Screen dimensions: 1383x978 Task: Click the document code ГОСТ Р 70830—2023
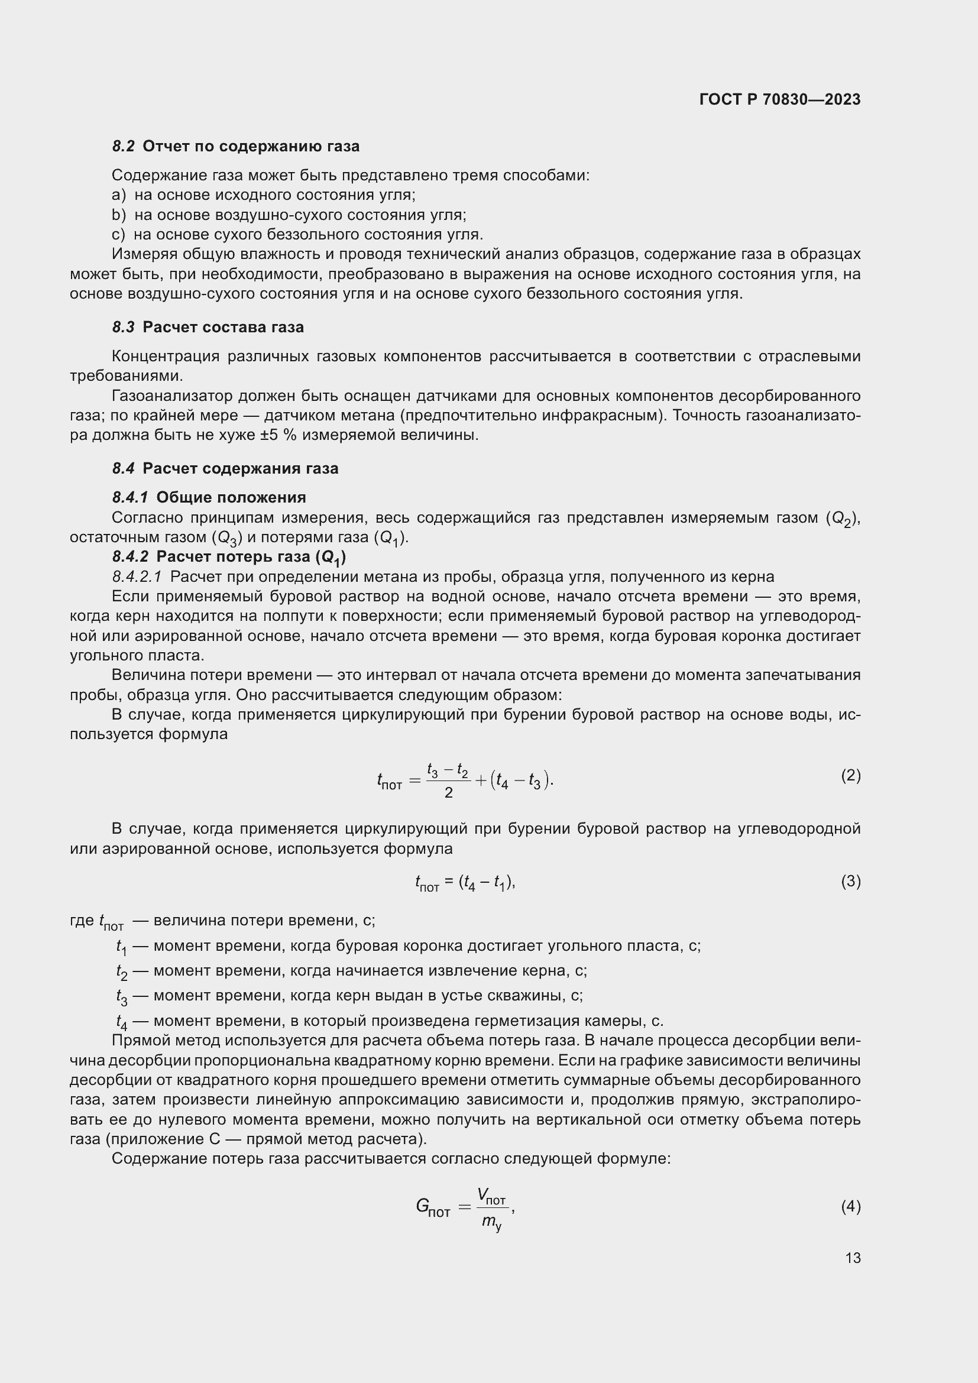coord(780,99)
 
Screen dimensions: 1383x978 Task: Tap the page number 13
coord(853,1258)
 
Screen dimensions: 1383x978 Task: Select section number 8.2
coord(124,147)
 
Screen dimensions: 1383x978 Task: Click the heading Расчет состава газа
coord(223,327)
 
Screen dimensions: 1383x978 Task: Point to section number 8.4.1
coord(130,497)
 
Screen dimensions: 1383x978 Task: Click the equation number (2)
coord(850,775)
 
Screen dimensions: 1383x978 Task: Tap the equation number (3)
coord(850,881)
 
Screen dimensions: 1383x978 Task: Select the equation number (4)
coord(850,1207)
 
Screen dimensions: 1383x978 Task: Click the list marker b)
coord(119,215)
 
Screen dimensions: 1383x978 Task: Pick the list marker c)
coord(119,234)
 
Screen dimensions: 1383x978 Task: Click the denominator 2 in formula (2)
coord(448,793)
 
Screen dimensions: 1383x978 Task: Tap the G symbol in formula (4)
coord(423,1206)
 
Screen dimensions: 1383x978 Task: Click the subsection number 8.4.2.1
coord(137,577)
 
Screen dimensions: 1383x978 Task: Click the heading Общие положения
coord(231,497)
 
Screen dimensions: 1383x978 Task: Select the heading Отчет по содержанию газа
coord(251,147)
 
